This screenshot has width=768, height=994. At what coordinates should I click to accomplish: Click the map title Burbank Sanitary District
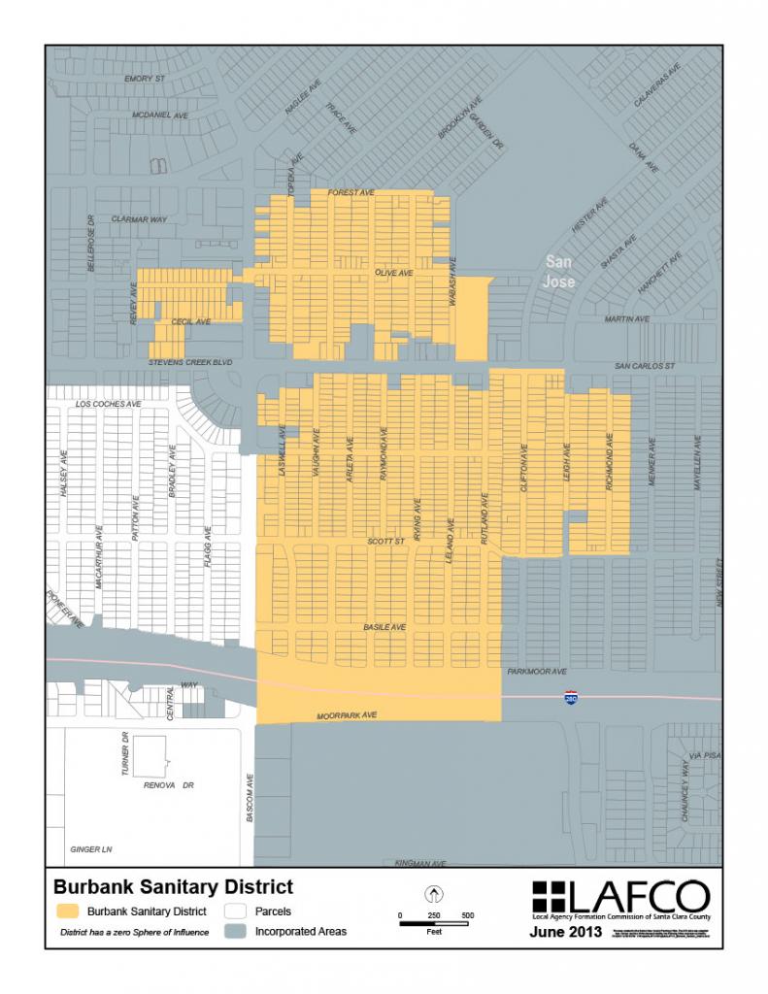(172, 886)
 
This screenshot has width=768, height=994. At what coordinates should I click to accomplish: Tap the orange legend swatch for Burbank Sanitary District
(67, 912)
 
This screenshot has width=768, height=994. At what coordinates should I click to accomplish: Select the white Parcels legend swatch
(234, 912)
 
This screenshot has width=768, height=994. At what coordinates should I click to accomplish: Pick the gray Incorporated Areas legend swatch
(234, 932)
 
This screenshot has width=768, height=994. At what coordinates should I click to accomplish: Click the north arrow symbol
(434, 893)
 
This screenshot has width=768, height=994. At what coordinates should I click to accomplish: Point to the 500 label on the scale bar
(467, 915)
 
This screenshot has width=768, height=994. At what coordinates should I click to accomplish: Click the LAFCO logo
(620, 897)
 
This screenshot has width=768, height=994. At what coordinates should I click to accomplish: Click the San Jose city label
(559, 272)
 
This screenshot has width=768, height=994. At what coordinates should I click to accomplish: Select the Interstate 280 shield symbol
(572, 698)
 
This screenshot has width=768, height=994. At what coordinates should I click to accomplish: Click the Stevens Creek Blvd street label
(192, 362)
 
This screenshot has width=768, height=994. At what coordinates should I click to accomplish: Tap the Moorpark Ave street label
(347, 716)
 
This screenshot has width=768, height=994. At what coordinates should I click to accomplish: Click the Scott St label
(384, 541)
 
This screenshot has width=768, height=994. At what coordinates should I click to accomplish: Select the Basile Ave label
(384, 627)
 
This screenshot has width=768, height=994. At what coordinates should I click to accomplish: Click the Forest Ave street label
(351, 193)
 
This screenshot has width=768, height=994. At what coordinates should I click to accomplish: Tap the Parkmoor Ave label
(536, 671)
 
